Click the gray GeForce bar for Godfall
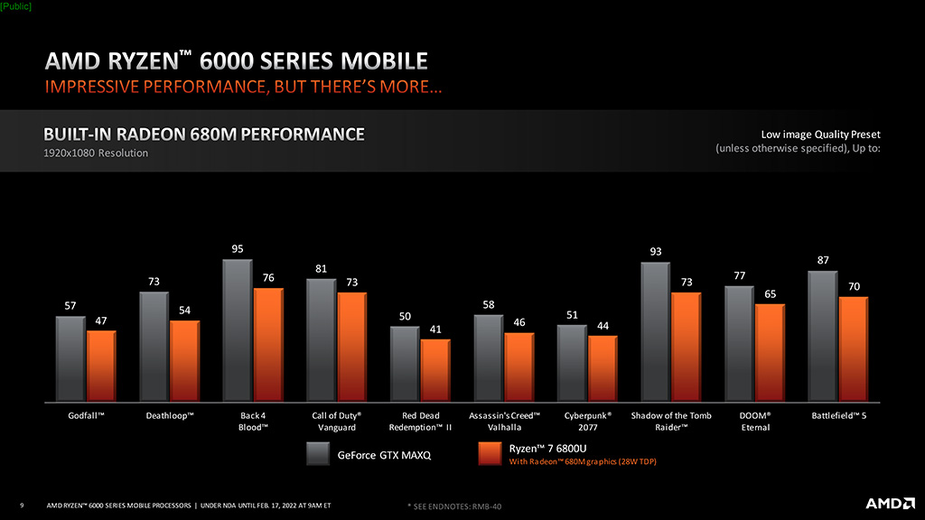pyautogui.click(x=70, y=359)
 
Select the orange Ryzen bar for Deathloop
pyautogui.click(x=184, y=361)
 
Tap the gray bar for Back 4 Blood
pyautogui.click(x=238, y=330)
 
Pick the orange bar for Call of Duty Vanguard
pyautogui.click(x=352, y=348)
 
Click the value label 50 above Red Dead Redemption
pyautogui.click(x=405, y=317)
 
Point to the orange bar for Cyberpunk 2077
pyautogui.click(x=603, y=369)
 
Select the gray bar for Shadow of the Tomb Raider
pyautogui.click(x=656, y=332)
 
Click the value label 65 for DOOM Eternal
pyautogui.click(x=771, y=294)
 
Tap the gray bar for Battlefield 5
pyautogui.click(x=823, y=337)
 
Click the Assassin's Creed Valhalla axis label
pyautogui.click(x=504, y=422)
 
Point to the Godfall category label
pyautogui.click(x=86, y=415)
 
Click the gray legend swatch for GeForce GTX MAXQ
pyautogui.click(x=318, y=454)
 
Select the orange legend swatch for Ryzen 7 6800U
pyautogui.click(x=490, y=454)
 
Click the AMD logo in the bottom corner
pyautogui.click(x=890, y=503)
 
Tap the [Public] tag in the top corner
pyautogui.click(x=16, y=6)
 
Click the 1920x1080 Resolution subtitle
pyautogui.click(x=96, y=153)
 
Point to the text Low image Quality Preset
pyautogui.click(x=820, y=135)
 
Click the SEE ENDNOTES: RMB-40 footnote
pyautogui.click(x=455, y=506)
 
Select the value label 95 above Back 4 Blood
pyautogui.click(x=238, y=249)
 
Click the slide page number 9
pyautogui.click(x=22, y=506)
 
